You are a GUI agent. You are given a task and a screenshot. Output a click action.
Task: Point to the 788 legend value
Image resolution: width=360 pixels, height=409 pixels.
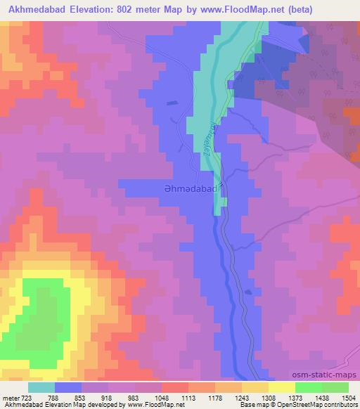click(53, 398)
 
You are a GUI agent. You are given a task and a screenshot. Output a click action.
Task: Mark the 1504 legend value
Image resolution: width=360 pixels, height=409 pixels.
click(349, 398)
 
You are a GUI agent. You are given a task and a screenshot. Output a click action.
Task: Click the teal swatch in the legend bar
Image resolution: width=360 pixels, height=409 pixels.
click(41, 387)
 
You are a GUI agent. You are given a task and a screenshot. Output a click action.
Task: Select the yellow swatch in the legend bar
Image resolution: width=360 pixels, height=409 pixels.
click(281, 387)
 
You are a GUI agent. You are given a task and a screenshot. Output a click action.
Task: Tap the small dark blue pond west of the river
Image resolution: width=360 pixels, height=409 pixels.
click(172, 103)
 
